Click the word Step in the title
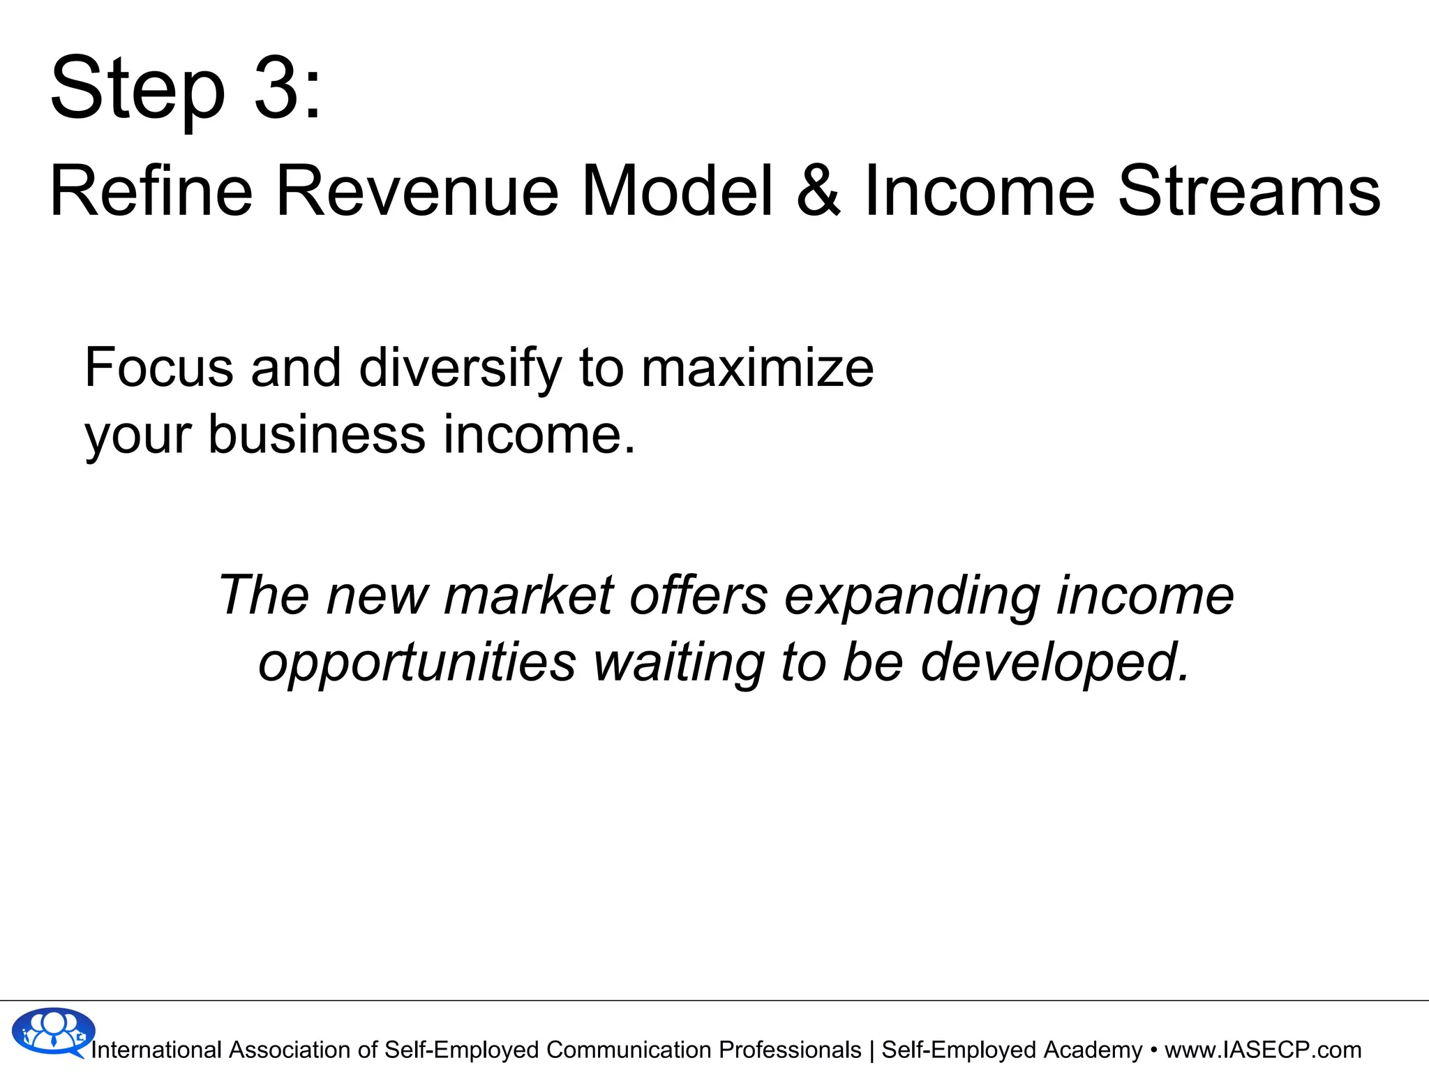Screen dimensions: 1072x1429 tap(137, 89)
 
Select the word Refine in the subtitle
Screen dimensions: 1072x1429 tap(151, 191)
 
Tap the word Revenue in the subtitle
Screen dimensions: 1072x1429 tap(417, 191)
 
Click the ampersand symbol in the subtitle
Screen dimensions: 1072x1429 tap(818, 191)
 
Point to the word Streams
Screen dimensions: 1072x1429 tap(1249, 191)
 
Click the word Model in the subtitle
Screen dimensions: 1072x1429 tap(677, 191)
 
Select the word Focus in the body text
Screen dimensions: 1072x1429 tap(158, 368)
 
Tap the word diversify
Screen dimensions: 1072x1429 tap(460, 368)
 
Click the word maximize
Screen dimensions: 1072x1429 tap(757, 368)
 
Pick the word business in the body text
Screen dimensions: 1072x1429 tap(317, 434)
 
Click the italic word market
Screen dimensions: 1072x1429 tap(529, 595)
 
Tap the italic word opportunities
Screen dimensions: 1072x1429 tap(417, 663)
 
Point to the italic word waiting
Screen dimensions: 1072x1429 tap(678, 663)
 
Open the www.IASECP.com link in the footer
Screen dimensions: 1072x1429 tap(1263, 1050)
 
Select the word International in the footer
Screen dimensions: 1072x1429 tap(156, 1050)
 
